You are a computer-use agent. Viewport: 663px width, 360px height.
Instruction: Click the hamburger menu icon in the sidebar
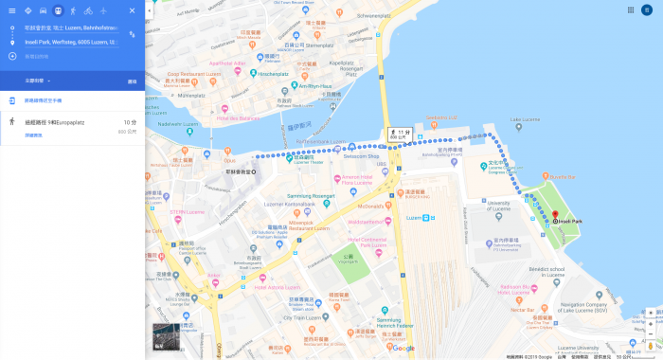click(11, 10)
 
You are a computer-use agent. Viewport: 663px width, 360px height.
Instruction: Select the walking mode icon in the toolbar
click(73, 10)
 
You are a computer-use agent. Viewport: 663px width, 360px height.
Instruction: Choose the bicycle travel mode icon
click(88, 10)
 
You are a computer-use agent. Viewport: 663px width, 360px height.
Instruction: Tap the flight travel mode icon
click(103, 10)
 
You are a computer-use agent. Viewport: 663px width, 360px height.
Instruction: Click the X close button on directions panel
click(132, 10)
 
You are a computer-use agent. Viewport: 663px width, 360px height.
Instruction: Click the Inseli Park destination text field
click(72, 42)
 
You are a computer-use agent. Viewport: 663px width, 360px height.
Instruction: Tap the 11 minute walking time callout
click(399, 135)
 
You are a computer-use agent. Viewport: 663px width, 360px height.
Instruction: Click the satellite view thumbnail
click(165, 336)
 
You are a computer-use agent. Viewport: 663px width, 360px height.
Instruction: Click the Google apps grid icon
click(631, 9)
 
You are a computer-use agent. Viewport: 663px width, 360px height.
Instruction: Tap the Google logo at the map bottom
click(403, 349)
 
